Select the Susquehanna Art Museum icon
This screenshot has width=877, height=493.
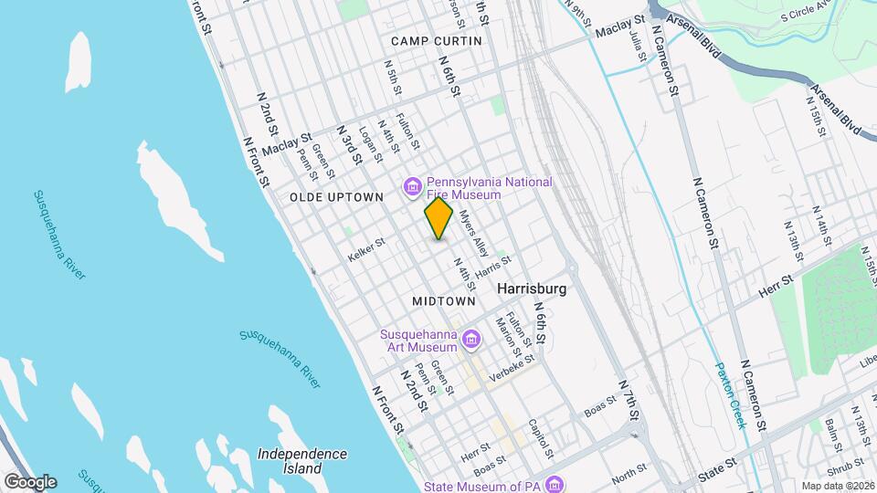[x=471, y=341]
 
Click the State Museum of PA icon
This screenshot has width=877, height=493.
[x=555, y=484]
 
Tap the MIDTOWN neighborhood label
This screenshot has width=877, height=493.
[x=444, y=300]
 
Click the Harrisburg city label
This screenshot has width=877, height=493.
[x=533, y=288]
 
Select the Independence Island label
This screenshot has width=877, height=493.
[x=301, y=461]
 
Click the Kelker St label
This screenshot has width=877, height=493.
[x=367, y=251]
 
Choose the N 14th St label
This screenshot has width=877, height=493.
[x=819, y=226]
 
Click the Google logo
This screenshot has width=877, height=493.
[x=30, y=481]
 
